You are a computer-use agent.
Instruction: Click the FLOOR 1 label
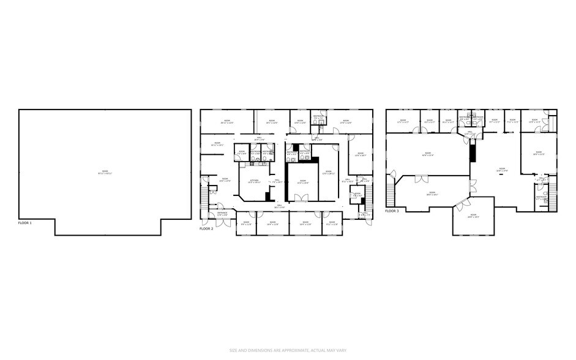(x=25, y=223)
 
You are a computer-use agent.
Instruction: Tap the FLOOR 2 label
(x=206, y=228)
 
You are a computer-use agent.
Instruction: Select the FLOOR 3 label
(x=392, y=211)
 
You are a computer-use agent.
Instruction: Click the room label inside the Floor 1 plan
(x=105, y=172)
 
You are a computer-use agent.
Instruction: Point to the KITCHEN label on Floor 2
(x=254, y=181)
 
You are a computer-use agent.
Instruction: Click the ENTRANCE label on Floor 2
(x=222, y=214)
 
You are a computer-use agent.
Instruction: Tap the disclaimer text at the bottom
(x=288, y=350)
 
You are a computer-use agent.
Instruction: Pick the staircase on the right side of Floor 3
(x=553, y=197)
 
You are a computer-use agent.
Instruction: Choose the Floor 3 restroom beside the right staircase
(x=541, y=199)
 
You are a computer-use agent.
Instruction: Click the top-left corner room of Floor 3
(x=402, y=121)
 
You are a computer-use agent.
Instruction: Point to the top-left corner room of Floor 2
(x=226, y=121)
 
